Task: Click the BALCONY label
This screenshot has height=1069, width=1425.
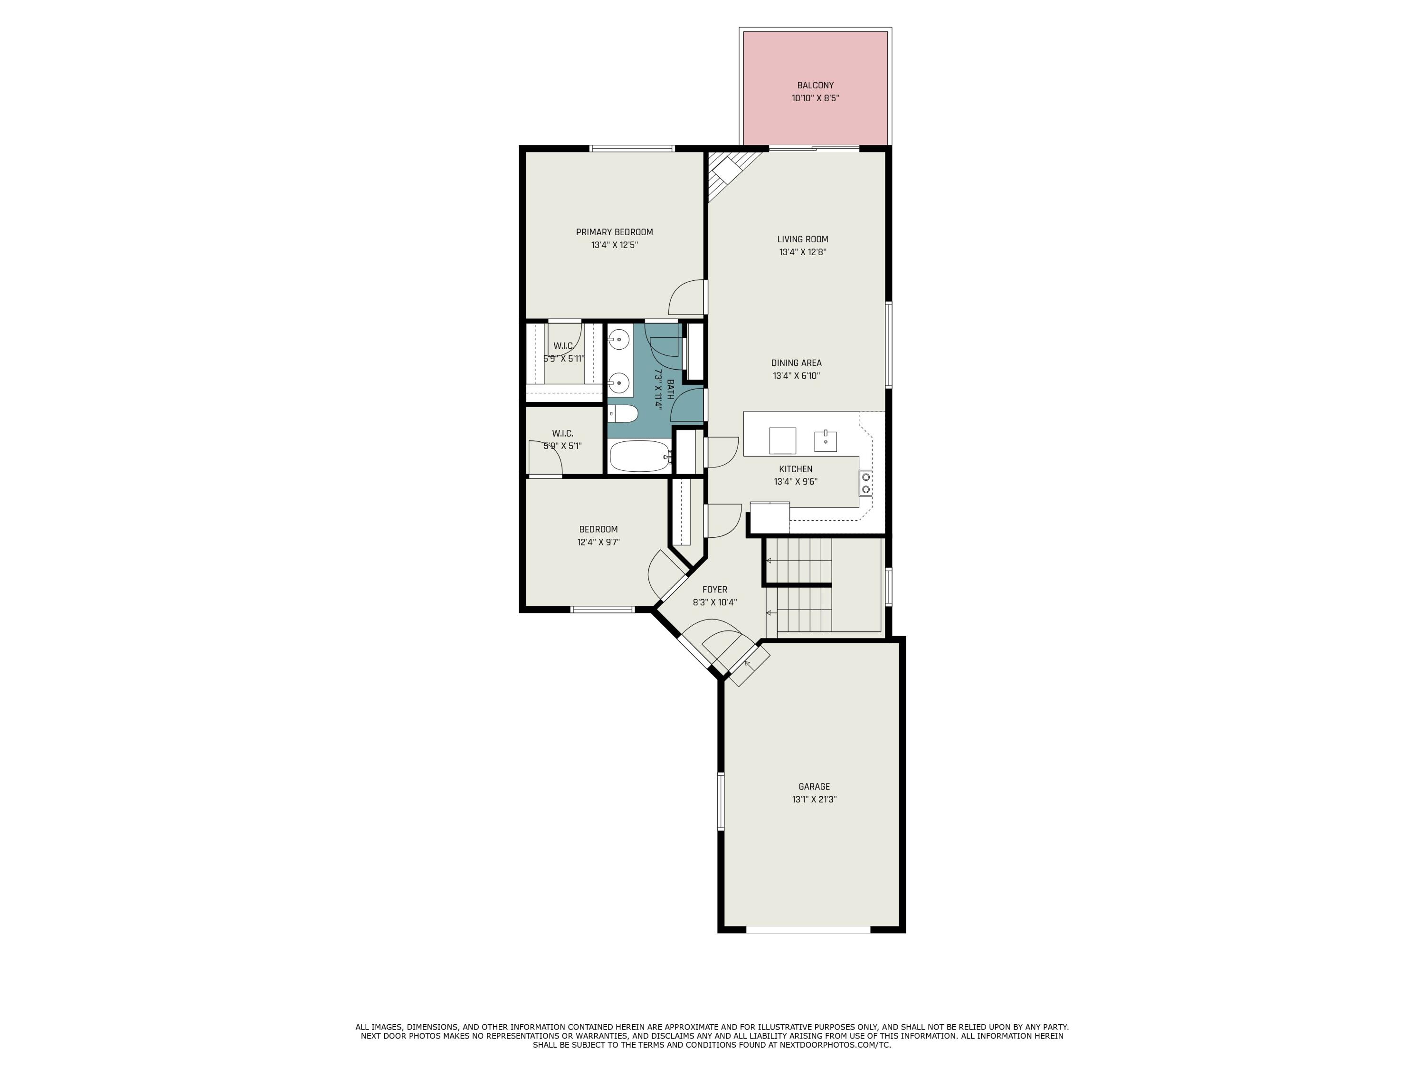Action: pos(815,85)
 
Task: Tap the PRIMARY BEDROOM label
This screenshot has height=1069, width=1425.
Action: pos(614,232)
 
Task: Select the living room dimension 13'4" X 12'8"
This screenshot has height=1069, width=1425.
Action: pos(802,252)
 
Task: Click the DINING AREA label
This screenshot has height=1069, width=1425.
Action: pos(796,363)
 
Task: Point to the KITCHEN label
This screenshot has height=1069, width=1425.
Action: pos(796,469)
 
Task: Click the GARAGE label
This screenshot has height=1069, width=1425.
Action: pos(814,786)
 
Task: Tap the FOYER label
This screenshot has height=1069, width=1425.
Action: pos(714,590)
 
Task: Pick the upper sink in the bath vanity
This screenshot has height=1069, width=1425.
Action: pos(619,339)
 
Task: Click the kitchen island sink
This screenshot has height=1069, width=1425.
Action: pos(825,441)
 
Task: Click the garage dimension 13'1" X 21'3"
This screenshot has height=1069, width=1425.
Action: pos(814,800)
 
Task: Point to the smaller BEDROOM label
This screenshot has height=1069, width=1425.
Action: pos(598,529)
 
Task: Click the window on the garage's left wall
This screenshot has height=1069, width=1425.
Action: pos(721,801)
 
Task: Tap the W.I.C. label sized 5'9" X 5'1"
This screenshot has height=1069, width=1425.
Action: pos(562,434)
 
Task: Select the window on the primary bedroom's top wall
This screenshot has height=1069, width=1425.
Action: pos(632,149)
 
